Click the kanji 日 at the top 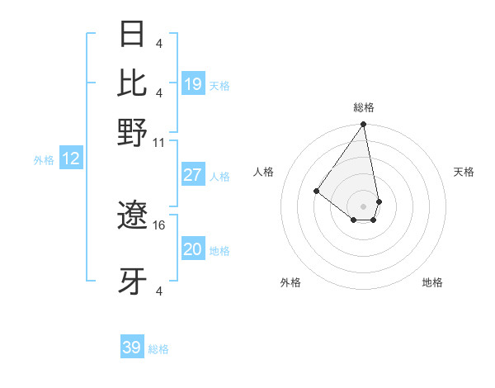click(133, 34)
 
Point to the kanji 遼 click(133, 216)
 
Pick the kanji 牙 click(133, 281)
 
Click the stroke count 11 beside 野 click(159, 142)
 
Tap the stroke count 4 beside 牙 click(159, 291)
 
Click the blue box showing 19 click(193, 84)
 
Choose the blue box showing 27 click(193, 175)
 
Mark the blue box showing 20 click(193, 249)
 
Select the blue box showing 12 click(71, 159)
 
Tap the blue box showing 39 click(132, 348)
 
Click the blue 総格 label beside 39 click(158, 349)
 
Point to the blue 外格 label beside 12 click(44, 160)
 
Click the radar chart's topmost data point click(363, 125)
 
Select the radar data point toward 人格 click(316, 192)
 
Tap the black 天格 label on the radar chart click(464, 172)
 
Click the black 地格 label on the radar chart click(432, 282)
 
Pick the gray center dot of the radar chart click(363, 206)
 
